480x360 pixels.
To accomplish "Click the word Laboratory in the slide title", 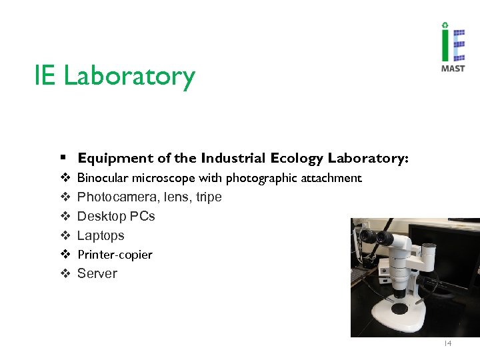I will [x=129, y=76].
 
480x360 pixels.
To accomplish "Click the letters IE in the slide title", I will [x=45, y=76].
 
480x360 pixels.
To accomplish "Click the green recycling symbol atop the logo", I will [x=445, y=27].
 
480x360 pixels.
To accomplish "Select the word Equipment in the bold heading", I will [x=115, y=159].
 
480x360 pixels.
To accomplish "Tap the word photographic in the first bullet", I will [x=255, y=179].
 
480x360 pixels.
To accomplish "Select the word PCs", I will [x=143, y=216].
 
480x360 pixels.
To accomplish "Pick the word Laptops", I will [x=101, y=235].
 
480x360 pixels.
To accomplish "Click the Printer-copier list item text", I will [x=115, y=255].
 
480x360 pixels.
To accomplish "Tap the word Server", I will [x=97, y=273].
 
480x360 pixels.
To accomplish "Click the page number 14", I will [x=447, y=344].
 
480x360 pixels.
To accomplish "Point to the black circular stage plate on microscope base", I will [x=399, y=308].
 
